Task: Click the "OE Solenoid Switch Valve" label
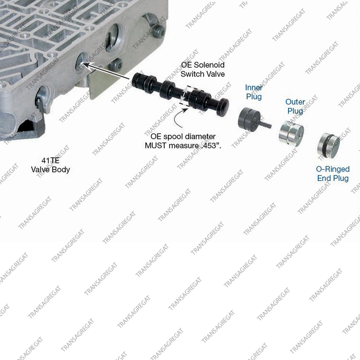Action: click(202, 69)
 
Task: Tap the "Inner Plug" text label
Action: click(254, 92)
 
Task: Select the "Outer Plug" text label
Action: click(295, 106)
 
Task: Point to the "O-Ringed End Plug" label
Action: click(333, 174)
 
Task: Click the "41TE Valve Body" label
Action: click(50, 165)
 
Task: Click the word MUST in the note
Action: click(156, 145)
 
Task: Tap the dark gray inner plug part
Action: click(249, 119)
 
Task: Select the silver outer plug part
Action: click(291, 133)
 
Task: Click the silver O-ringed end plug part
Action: click(328, 146)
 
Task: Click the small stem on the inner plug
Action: click(266, 124)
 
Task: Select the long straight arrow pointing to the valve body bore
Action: click(106, 72)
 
